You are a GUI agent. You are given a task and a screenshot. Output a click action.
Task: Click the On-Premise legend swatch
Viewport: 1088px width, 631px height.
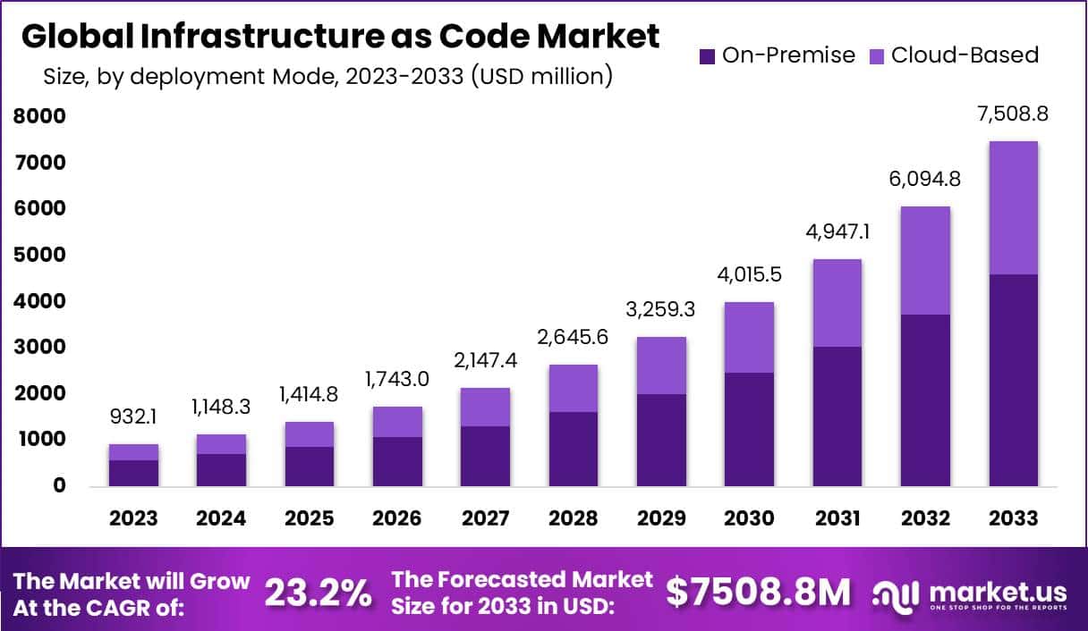[x=707, y=55]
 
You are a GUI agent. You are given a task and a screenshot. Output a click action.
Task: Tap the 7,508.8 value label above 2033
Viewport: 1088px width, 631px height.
[x=1014, y=114]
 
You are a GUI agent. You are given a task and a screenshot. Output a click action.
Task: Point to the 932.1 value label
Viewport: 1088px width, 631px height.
[x=133, y=417]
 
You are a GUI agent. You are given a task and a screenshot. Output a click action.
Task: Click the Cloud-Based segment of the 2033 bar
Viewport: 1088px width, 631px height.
[x=1014, y=207]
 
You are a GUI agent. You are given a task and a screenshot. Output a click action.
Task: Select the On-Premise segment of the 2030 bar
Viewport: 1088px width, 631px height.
[x=750, y=429]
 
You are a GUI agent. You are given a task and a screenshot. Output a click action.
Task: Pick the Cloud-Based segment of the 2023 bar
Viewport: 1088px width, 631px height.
[x=133, y=452]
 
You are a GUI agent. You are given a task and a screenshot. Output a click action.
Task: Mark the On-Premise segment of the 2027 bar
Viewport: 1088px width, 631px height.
[x=486, y=456]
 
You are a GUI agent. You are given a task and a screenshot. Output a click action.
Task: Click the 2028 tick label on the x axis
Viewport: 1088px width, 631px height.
[x=574, y=518]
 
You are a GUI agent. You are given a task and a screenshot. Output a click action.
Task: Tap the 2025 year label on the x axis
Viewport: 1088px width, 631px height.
[x=310, y=518]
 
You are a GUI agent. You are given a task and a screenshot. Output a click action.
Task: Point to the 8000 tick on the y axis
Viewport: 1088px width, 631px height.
[x=40, y=116]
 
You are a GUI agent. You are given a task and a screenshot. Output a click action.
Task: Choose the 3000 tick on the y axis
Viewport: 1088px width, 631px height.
[x=40, y=347]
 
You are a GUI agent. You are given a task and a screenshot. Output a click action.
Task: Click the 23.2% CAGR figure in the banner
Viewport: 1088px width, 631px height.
[x=319, y=592]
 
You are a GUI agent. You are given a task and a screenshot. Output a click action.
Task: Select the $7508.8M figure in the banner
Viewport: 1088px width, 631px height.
[x=759, y=592]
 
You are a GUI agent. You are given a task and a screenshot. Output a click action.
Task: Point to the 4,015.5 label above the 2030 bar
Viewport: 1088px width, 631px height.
[x=750, y=275]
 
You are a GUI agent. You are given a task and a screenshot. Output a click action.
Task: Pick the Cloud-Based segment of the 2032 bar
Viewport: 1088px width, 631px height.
[x=925, y=260]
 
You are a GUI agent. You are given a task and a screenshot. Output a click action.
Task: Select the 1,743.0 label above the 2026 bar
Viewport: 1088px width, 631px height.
[x=397, y=379]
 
